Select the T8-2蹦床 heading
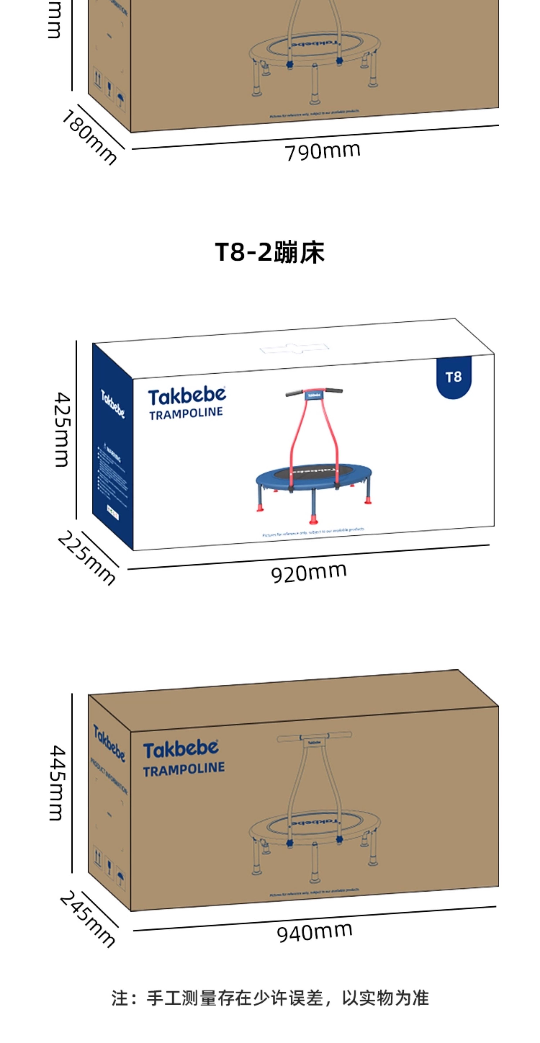click(270, 252)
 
